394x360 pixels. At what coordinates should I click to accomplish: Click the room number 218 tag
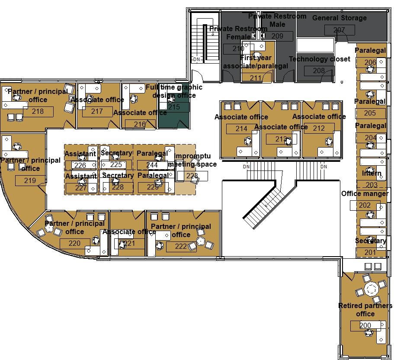point(38,112)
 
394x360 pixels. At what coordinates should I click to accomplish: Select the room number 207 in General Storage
point(340,30)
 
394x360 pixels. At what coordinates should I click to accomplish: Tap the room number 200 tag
point(365,325)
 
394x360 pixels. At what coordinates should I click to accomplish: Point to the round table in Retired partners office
point(371,289)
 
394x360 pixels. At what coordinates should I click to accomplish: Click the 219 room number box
point(30,180)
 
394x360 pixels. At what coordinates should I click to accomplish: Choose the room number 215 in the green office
point(174,107)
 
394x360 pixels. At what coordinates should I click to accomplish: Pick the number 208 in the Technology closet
point(319,71)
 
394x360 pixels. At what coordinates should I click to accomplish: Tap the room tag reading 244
point(152,165)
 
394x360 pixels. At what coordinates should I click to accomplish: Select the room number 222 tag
point(181,247)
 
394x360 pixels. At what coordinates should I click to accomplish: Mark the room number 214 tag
point(241,129)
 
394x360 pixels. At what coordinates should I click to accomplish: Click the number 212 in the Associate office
point(319,128)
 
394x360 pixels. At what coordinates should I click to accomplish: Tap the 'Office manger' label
point(365,193)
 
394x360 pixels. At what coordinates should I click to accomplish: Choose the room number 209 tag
point(277,36)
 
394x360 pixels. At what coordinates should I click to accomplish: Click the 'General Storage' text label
point(339,18)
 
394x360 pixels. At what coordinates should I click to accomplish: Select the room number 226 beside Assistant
point(80,165)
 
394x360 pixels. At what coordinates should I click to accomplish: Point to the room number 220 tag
point(74,243)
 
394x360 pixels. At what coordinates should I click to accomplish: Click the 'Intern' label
point(372,174)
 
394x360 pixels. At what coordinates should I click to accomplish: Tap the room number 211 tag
point(256,78)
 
